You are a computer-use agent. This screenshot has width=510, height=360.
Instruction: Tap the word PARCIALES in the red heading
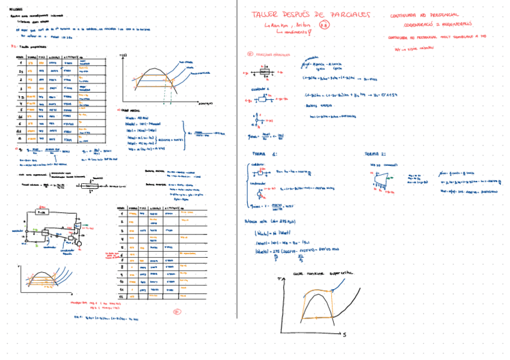point(350,15)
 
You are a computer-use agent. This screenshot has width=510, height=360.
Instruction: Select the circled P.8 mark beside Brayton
point(324,25)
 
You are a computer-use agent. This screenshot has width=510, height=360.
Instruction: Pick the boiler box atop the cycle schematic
point(41,213)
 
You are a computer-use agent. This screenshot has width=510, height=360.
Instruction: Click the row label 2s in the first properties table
point(21,70)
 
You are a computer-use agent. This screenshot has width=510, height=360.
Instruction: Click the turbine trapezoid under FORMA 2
point(378,175)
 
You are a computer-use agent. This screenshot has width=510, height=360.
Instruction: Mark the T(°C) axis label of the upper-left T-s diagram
point(124,55)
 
